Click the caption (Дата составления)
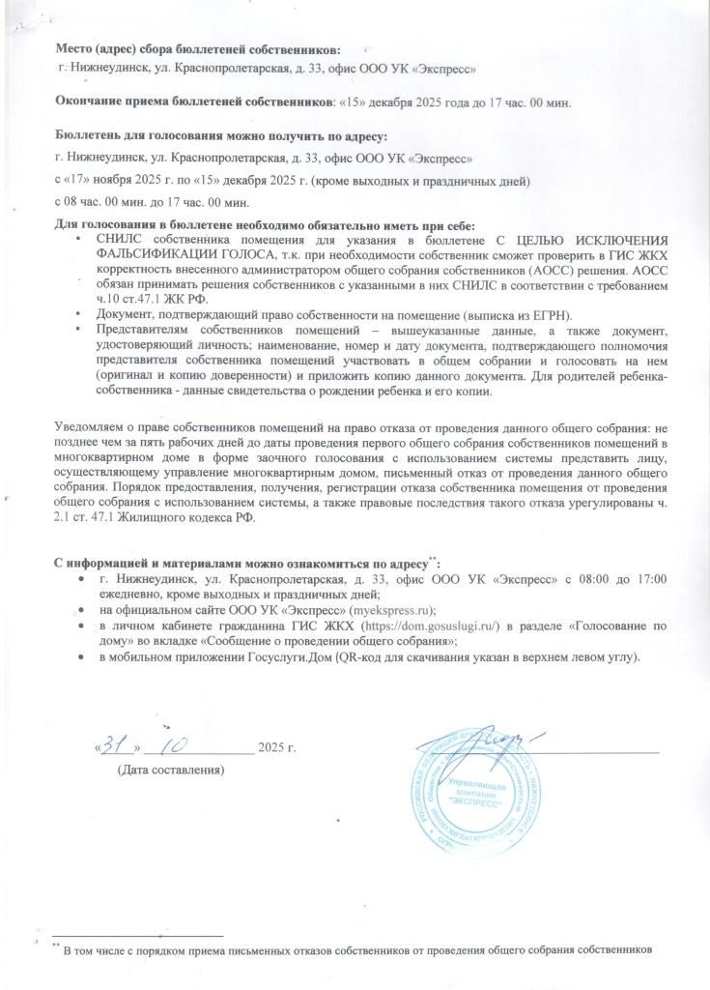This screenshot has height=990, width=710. pyautogui.click(x=170, y=771)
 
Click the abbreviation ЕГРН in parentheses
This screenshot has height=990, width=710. pyautogui.click(x=548, y=315)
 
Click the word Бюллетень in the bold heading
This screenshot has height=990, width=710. pyautogui.click(x=91, y=134)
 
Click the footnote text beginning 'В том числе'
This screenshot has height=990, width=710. pyautogui.click(x=357, y=948)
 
